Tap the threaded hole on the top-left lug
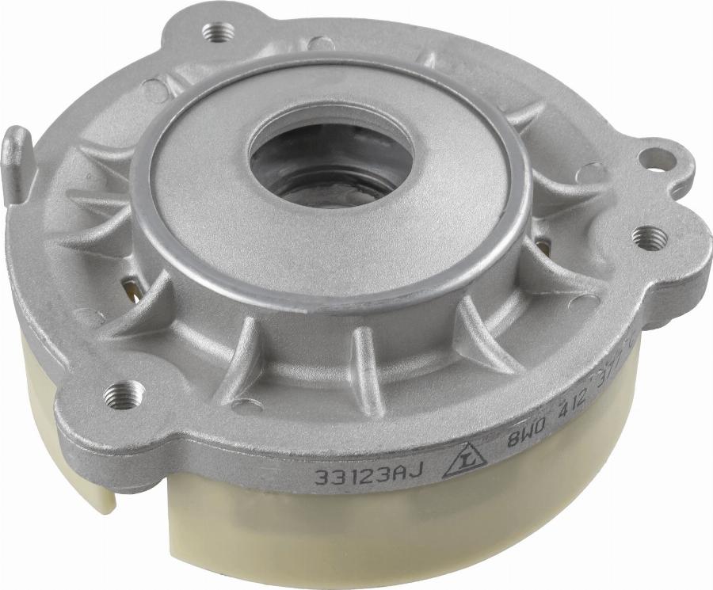219,32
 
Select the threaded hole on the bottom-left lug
125,391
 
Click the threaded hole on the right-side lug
648,237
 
